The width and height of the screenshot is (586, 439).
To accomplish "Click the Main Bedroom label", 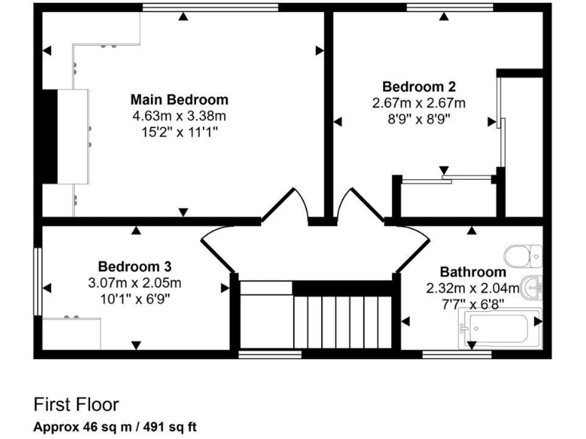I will click(179, 99).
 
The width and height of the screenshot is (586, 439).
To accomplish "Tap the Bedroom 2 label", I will click(419, 86).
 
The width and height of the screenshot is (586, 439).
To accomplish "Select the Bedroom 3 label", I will click(134, 266).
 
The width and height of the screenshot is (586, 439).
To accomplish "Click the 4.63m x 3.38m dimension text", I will click(179, 116).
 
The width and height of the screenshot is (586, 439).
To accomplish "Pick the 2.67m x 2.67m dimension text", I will click(419, 103).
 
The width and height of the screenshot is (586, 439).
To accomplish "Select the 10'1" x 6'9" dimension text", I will click(134, 299).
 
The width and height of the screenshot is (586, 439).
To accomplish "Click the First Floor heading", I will click(76, 404).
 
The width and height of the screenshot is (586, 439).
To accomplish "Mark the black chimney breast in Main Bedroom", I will click(48, 136).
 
